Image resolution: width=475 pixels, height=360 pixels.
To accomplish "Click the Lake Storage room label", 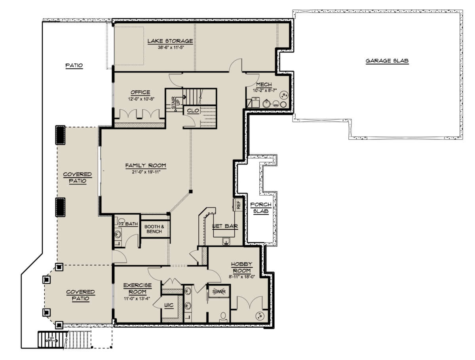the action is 170,41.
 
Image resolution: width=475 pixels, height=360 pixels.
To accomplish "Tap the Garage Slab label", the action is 387,61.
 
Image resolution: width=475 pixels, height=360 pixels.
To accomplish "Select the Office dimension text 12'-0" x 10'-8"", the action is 141,99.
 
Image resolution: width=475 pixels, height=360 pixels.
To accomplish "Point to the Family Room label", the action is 146,166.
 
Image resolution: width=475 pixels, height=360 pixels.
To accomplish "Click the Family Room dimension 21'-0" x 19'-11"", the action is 146,172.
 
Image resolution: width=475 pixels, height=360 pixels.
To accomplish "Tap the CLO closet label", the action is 193,110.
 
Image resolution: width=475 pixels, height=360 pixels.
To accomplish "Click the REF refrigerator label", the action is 238,205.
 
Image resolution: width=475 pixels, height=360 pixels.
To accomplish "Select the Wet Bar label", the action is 225,226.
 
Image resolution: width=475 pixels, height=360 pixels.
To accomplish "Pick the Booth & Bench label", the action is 154,229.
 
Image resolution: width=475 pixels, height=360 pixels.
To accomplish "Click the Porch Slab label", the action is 261,208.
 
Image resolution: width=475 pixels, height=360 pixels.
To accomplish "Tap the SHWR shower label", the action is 219,291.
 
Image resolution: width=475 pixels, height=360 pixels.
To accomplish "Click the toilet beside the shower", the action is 223,316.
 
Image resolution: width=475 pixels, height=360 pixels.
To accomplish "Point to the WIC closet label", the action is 169,305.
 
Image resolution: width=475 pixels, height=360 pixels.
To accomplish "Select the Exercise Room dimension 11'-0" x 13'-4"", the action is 137,299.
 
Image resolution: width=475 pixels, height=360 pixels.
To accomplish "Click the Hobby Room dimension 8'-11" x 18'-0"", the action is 242,277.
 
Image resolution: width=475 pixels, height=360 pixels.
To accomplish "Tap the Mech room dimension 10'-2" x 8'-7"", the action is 265,90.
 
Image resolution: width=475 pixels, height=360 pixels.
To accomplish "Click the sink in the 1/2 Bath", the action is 118,234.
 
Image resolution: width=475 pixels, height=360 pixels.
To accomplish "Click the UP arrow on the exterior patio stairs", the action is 53,340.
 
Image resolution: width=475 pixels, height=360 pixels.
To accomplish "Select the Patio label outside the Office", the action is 74,65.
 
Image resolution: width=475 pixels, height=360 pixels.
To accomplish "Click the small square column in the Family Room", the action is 191,191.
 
